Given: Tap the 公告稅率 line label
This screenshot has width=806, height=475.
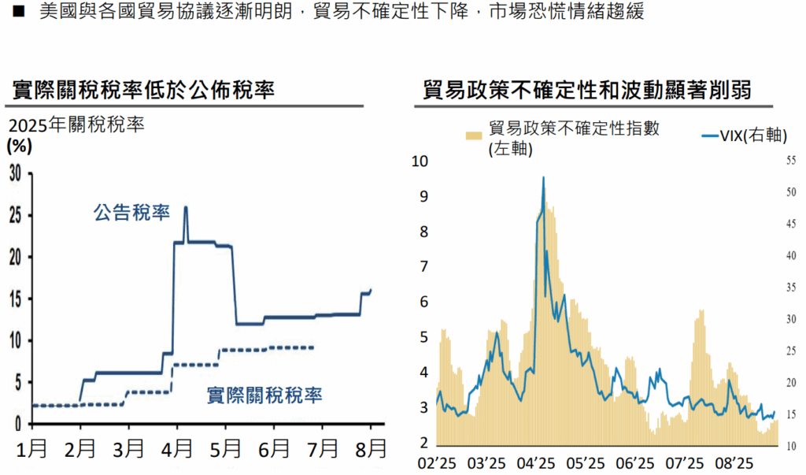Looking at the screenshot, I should [x=131, y=213].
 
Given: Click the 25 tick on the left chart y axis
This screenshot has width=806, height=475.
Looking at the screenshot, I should [x=15, y=216].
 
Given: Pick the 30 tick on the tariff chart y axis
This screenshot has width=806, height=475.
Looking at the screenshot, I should [x=15, y=174].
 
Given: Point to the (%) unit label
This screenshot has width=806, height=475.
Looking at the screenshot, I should [x=20, y=146].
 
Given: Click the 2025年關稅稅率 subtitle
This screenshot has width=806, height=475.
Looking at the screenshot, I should [x=77, y=124].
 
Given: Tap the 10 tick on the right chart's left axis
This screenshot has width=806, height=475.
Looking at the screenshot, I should [x=419, y=161].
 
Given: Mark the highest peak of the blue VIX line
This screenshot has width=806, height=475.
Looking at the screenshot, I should [x=543, y=178].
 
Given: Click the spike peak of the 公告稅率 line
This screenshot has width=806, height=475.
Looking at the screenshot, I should [x=185, y=207].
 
